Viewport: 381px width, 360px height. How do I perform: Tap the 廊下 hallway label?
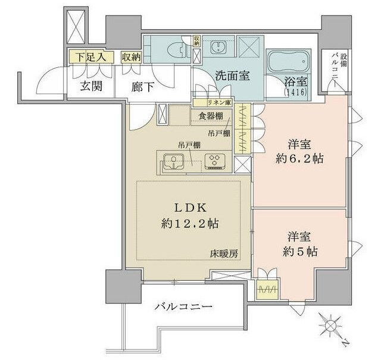point(142,86)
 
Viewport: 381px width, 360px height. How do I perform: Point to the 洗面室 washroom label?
point(229,77)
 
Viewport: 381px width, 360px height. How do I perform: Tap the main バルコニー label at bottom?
point(183,308)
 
